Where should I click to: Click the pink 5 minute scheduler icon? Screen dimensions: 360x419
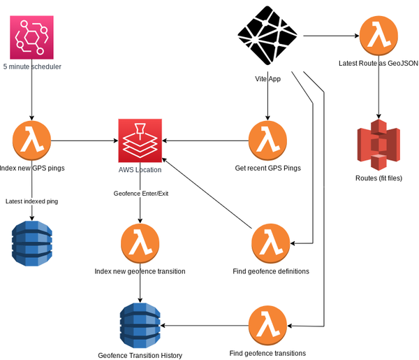tap(32, 37)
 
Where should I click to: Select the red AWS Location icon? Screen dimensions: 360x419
tap(140, 141)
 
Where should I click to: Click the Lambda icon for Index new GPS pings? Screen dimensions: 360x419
tap(32, 141)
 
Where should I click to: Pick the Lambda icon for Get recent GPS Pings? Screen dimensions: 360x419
tap(267, 141)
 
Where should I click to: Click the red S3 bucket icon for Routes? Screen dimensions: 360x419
tap(378, 145)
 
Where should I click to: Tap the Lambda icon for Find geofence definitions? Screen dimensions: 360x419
tap(270, 243)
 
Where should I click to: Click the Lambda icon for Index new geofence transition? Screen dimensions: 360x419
tap(140, 243)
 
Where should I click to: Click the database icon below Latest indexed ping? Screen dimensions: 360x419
tap(32, 243)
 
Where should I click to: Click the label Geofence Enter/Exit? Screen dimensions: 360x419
tap(140, 193)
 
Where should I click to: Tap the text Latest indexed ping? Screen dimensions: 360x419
tap(31, 201)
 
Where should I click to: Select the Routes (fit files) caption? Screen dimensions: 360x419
tap(378, 178)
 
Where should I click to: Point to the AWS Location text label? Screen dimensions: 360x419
tap(140, 169)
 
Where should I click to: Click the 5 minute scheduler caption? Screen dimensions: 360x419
tap(32, 67)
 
